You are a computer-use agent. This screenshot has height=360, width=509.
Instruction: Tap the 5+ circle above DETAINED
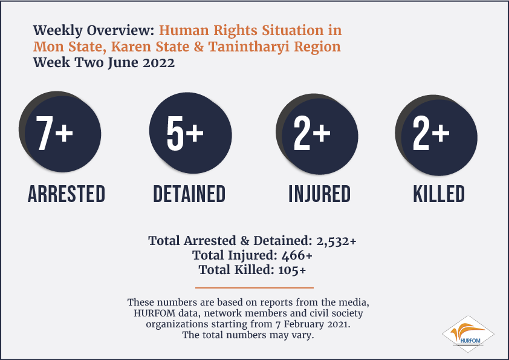tap(190, 133)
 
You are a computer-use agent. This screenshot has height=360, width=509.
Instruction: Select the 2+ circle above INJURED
tap(317, 134)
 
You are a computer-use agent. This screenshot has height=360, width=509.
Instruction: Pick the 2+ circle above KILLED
tap(436, 135)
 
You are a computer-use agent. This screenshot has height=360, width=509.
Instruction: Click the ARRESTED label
tap(66, 194)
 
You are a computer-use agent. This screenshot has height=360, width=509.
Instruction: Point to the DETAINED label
tap(189, 194)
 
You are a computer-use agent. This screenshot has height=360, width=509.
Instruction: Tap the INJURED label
tap(320, 194)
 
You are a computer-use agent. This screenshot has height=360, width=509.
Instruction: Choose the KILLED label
tap(439, 194)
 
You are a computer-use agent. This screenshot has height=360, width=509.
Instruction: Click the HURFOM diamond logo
tap(468, 334)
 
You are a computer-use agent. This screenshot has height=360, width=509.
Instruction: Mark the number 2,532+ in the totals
tap(336, 241)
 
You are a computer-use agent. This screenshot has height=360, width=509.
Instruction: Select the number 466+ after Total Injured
tap(297, 255)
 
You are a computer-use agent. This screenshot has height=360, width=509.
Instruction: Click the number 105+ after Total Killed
tap(292, 270)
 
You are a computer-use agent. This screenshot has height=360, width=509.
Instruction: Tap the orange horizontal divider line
tap(254, 287)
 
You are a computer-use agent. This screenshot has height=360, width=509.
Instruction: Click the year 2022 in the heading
tap(159, 63)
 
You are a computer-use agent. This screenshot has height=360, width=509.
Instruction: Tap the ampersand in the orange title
tap(199, 47)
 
